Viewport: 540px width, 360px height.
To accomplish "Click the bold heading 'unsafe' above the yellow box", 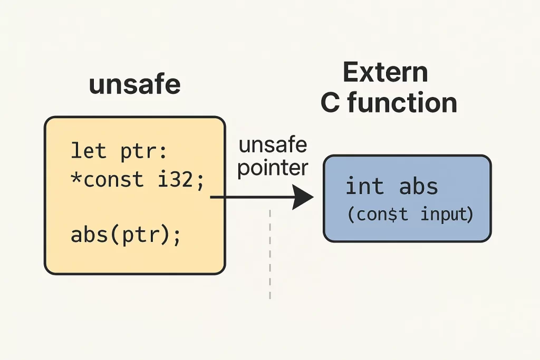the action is (x=134, y=84).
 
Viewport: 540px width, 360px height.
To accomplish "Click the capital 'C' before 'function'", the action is (x=330, y=103).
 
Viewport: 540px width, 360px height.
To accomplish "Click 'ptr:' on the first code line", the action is (x=144, y=152).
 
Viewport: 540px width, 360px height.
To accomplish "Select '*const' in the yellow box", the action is (x=107, y=179).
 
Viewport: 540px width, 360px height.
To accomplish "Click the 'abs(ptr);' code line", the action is (x=126, y=236).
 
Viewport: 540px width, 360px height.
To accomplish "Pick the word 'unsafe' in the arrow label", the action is (x=273, y=144).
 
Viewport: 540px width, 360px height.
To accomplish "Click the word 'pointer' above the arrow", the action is (x=273, y=168).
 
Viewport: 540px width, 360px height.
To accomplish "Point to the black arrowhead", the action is (x=303, y=197).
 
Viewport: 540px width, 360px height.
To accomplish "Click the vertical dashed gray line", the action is (x=270, y=254).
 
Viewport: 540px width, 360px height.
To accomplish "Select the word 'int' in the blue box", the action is (x=364, y=186).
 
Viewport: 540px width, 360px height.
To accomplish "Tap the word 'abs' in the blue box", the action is (x=418, y=186).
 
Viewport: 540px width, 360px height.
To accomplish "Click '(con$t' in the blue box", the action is (x=378, y=215).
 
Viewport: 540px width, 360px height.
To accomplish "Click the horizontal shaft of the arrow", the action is (x=252, y=197).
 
